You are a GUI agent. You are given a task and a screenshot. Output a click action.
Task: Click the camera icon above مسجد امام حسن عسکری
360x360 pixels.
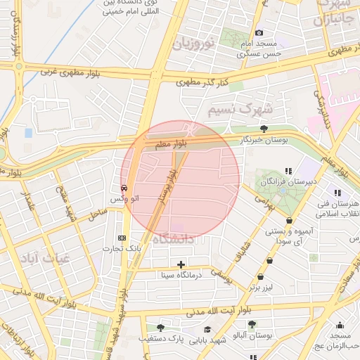[x=259, y=33]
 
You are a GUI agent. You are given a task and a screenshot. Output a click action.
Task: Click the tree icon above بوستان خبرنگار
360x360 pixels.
[x=264, y=129]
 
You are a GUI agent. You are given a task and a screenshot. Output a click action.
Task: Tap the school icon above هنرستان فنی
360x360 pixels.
[x=338, y=192]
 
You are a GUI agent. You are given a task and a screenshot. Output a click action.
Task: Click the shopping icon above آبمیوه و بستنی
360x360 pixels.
[x=289, y=221]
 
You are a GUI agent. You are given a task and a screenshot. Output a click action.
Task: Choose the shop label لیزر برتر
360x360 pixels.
[x=266, y=288]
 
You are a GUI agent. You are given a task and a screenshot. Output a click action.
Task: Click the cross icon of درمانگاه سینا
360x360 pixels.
[x=181, y=265]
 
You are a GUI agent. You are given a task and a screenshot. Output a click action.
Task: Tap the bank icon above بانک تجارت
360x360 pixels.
[x=122, y=238]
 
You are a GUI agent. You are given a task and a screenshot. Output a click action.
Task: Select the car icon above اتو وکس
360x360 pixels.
[x=124, y=188]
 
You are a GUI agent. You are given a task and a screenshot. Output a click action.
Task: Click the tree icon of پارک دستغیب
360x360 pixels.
[x=160, y=328]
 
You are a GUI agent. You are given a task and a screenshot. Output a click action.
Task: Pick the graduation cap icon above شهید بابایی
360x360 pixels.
[x=207, y=329]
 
